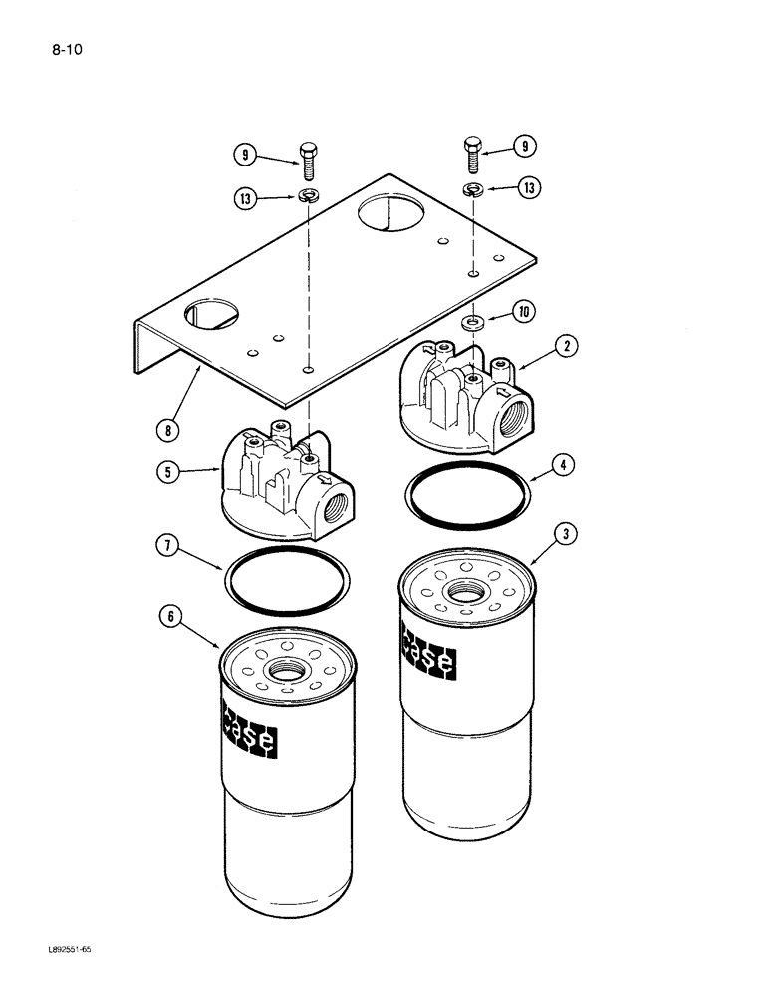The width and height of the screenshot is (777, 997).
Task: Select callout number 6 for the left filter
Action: coord(170,616)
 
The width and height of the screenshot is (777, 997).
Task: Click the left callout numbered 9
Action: coord(244,155)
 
